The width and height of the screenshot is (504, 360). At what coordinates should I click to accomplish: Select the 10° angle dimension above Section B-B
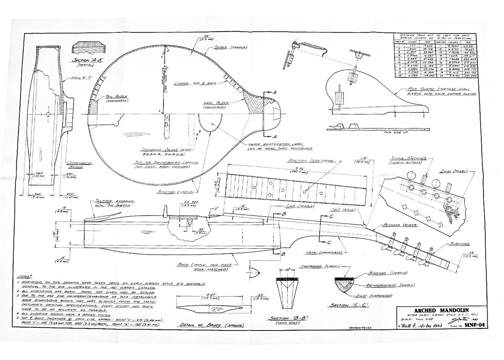[287, 269]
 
